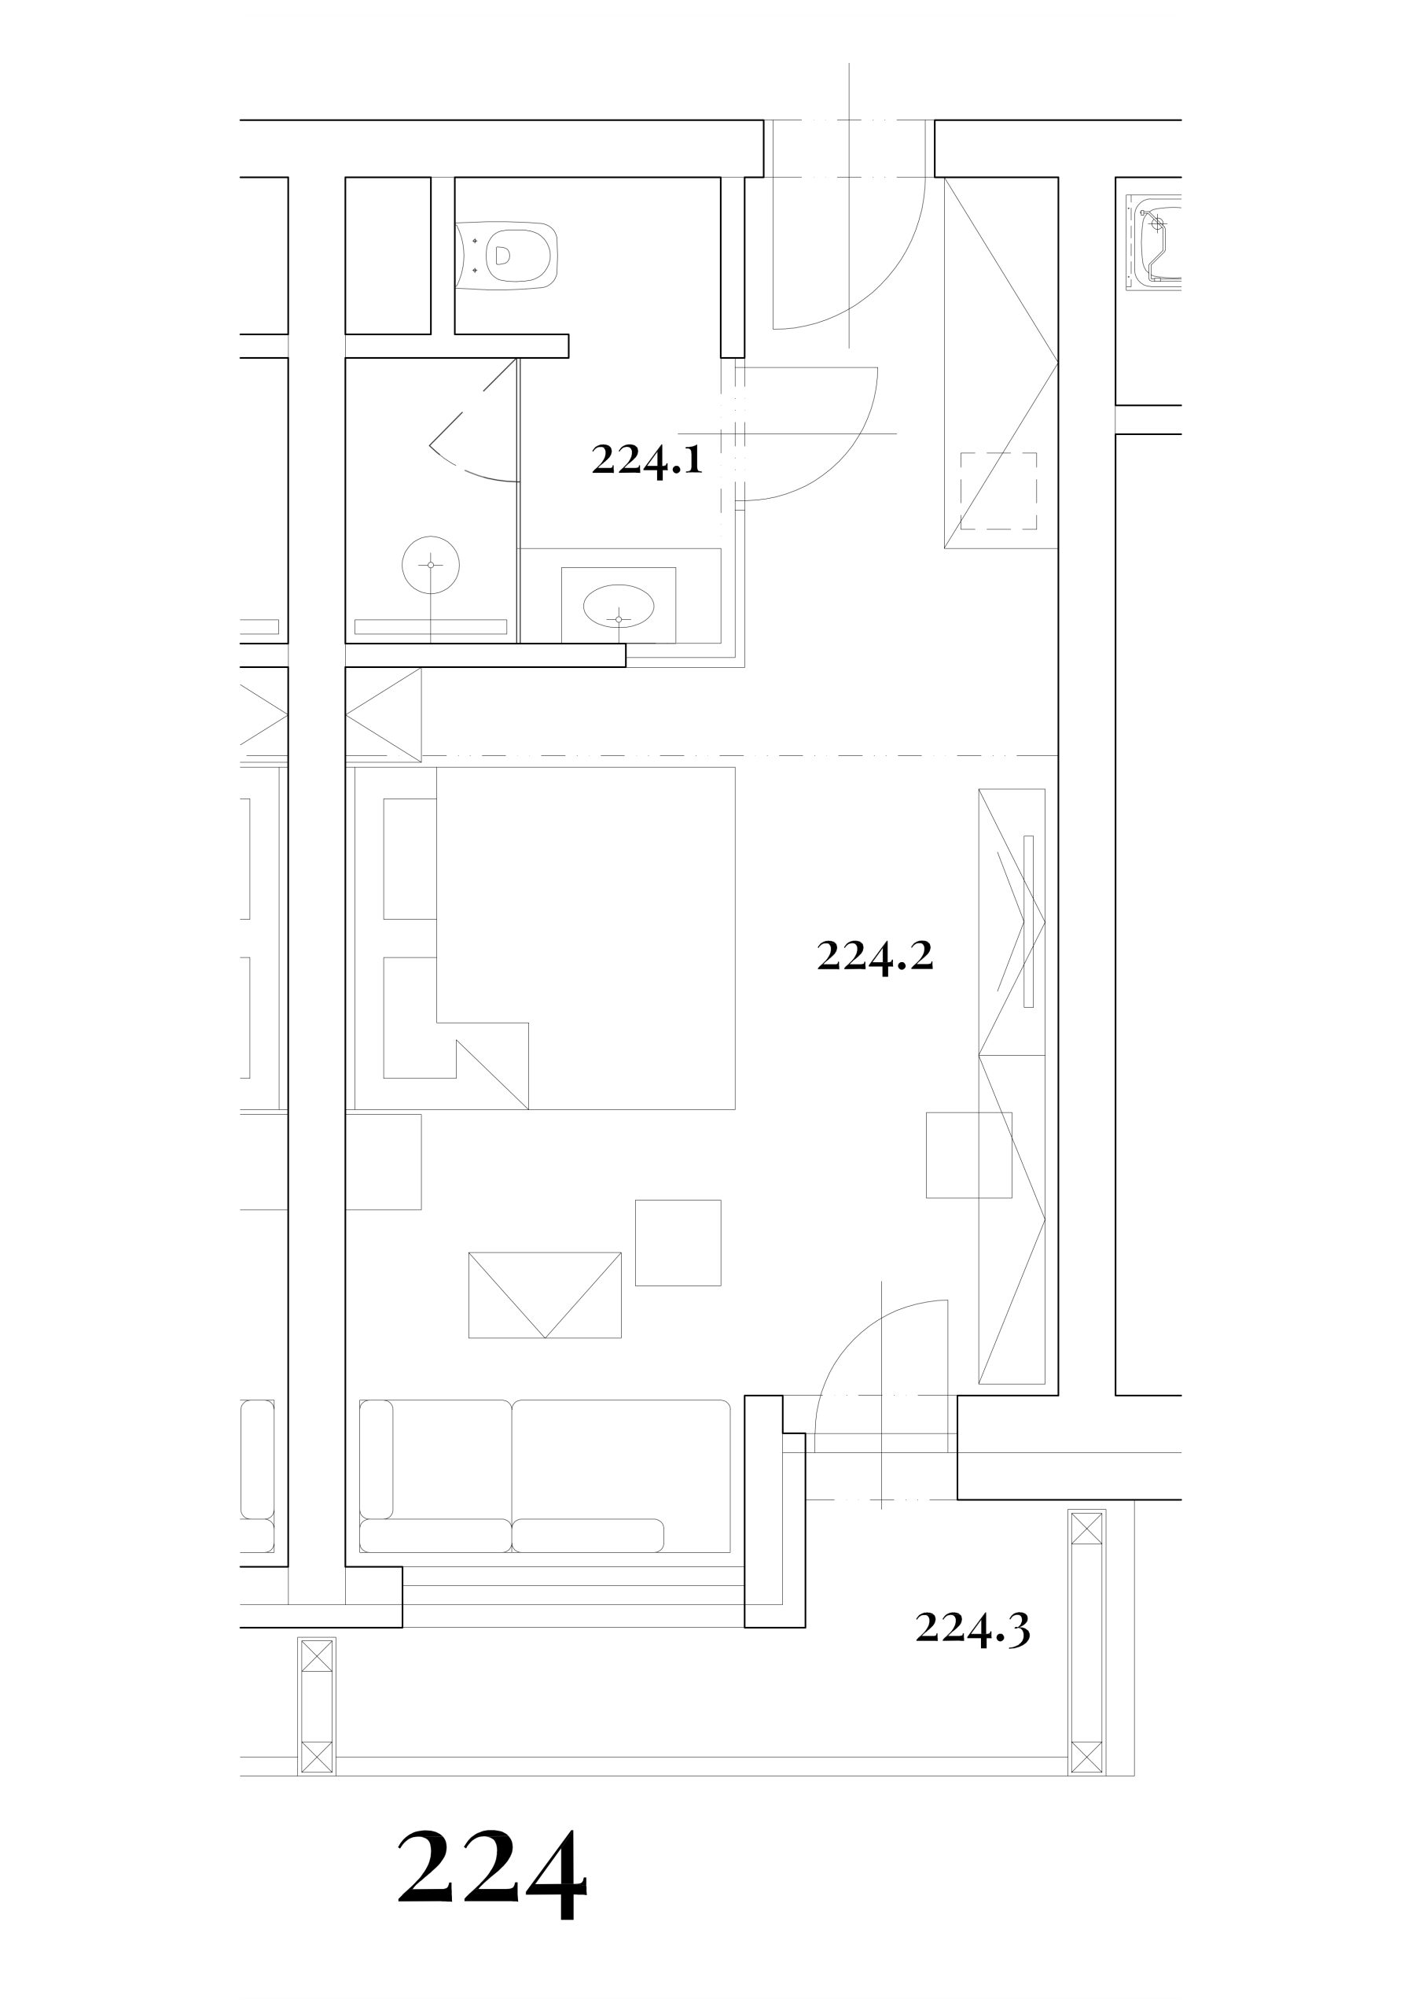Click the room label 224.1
point(647,459)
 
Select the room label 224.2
point(875,955)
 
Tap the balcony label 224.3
point(972,1629)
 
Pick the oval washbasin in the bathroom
point(619,606)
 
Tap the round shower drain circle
point(431,565)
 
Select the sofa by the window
point(545,1477)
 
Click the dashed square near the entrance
point(998,491)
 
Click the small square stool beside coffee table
point(678,1243)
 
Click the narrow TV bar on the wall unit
point(1028,922)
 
